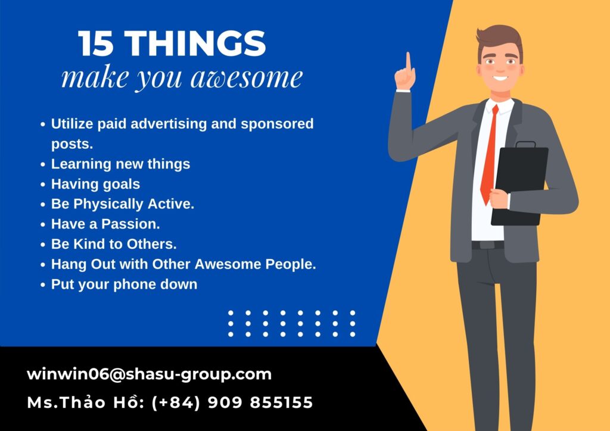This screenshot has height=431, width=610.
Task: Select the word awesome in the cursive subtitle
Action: click(247, 77)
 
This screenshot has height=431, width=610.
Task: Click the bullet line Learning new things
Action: click(120, 164)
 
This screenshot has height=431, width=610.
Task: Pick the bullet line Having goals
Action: click(95, 184)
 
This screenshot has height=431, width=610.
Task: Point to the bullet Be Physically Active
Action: click(123, 204)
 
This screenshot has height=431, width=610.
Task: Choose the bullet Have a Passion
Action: click(105, 224)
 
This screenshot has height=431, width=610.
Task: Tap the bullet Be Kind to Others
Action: click(114, 244)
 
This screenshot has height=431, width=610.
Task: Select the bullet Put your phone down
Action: click(124, 285)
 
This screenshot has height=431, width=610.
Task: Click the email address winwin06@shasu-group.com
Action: click(149, 374)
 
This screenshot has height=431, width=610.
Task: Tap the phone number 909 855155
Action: click(260, 402)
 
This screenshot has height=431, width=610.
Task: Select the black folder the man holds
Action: click(519, 184)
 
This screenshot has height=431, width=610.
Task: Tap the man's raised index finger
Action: click(408, 62)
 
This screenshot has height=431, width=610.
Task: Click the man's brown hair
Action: click(500, 39)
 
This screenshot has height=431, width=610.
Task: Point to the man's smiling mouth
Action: click(500, 79)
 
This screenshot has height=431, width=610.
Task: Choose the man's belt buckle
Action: click(487, 245)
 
